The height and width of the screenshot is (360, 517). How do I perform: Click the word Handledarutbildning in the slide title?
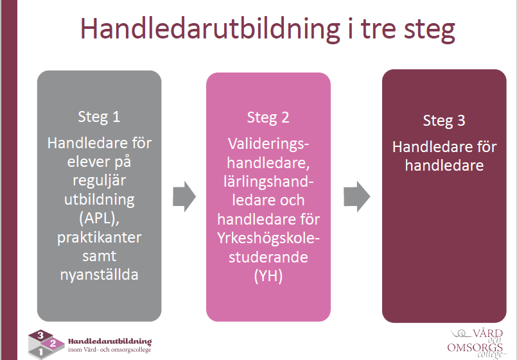point(210,29)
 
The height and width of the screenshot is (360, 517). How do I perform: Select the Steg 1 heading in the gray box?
point(99,117)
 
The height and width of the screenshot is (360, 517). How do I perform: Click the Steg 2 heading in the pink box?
point(268,118)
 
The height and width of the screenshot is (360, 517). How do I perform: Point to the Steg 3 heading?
point(444,121)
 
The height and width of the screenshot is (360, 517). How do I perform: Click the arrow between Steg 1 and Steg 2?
point(184,196)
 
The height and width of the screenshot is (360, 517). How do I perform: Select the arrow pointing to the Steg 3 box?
point(356,196)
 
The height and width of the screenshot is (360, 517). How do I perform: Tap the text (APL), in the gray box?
point(99,218)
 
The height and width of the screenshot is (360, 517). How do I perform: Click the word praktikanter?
point(100,237)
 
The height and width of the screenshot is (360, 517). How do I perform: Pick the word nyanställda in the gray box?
point(100,275)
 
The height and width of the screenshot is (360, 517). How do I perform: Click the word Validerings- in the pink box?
point(268,144)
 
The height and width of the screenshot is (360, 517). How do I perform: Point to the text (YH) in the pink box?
point(268,276)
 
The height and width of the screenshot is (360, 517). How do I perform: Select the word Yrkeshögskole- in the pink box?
point(268,239)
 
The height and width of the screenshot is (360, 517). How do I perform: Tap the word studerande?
point(268,257)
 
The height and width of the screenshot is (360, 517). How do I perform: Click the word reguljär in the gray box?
point(100,181)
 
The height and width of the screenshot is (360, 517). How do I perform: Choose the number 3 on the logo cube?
point(40,336)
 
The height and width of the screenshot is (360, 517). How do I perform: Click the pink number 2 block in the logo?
point(53,343)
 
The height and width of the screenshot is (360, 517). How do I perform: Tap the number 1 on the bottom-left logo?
point(40,352)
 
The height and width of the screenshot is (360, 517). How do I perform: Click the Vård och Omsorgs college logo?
point(477,343)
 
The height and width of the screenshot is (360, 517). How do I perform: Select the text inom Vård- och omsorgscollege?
point(109,350)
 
